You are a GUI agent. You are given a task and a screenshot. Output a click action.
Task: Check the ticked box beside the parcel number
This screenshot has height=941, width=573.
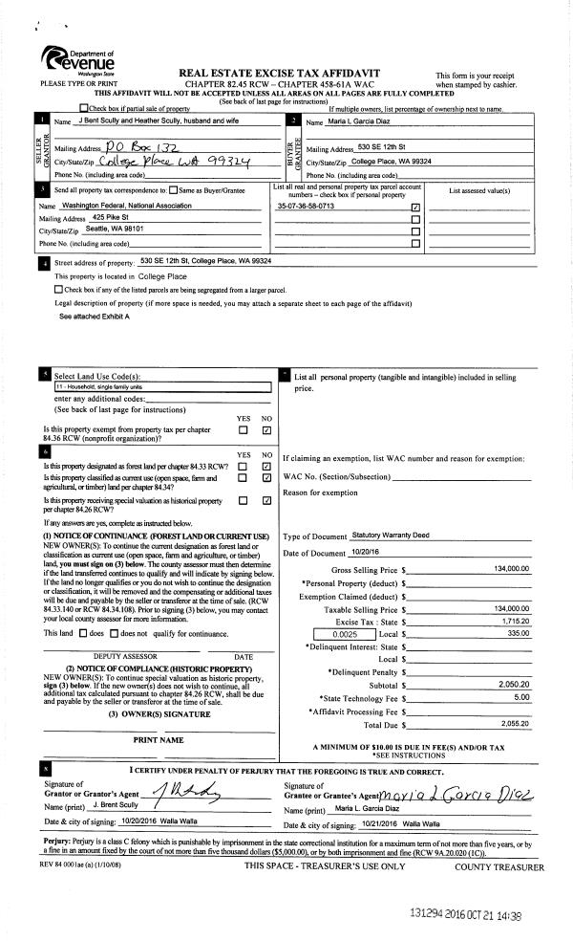tap(414, 207)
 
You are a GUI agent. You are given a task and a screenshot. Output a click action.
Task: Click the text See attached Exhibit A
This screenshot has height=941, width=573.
tap(95, 316)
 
